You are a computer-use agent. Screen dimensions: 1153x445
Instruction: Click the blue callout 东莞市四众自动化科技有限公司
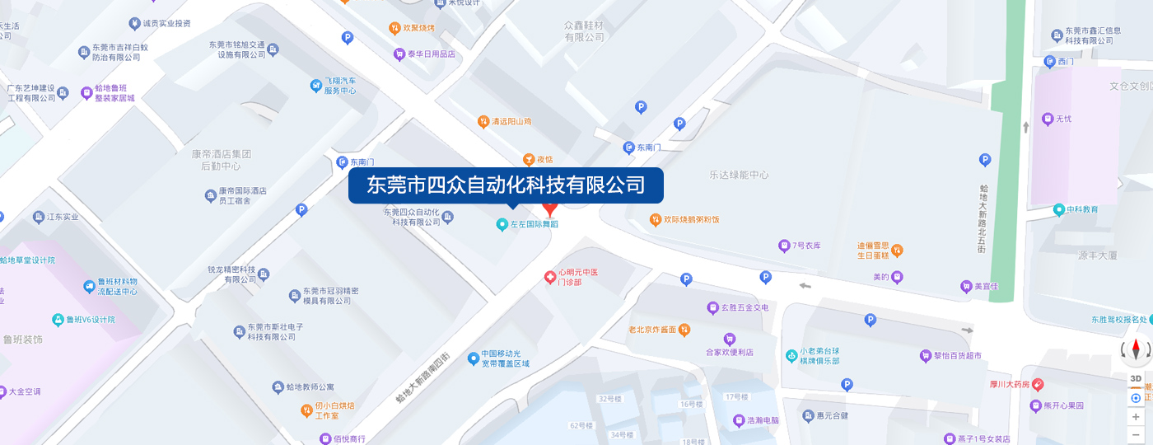pyautogui.click(x=506, y=185)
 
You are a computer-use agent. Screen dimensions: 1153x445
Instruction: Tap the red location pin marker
pyautogui.click(x=550, y=208)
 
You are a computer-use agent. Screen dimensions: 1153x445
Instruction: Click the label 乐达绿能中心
pyautogui.click(x=739, y=175)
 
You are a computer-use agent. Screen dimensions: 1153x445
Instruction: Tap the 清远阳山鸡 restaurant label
pyautogui.click(x=511, y=122)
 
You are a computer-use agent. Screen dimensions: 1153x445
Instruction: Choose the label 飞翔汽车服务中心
pyautogui.click(x=339, y=86)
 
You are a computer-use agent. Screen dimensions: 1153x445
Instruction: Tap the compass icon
pyautogui.click(x=1137, y=351)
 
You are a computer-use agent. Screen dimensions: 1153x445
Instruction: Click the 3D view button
pyautogui.click(x=1136, y=378)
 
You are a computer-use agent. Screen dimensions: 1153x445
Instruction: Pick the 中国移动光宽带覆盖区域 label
pyautogui.click(x=505, y=358)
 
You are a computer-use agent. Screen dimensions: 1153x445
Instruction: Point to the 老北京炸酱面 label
pyautogui.click(x=658, y=330)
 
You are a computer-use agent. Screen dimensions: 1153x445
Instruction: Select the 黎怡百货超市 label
pyautogui.click(x=957, y=356)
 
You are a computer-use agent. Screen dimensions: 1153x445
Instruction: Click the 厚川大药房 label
pyautogui.click(x=1009, y=384)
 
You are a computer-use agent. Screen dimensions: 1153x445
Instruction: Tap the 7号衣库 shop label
pyautogui.click(x=805, y=246)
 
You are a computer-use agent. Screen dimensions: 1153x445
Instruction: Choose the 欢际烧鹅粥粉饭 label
pyautogui.click(x=691, y=219)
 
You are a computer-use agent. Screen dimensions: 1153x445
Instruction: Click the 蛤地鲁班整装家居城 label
pyautogui.click(x=114, y=92)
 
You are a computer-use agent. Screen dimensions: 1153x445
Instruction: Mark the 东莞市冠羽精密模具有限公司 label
pyautogui.click(x=329, y=296)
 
